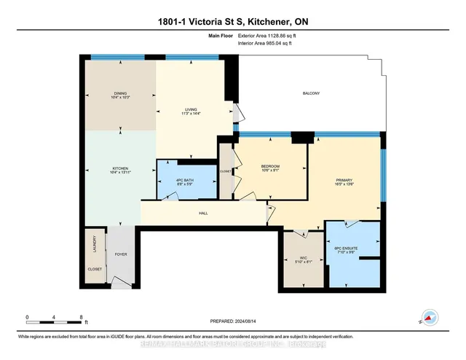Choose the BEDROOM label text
271,167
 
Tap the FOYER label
120,255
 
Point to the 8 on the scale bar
81,317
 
